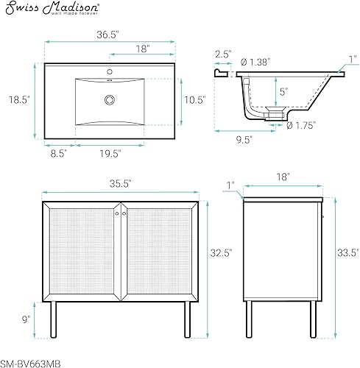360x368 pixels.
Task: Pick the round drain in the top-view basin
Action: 110,99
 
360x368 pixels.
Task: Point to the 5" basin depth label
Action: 282,92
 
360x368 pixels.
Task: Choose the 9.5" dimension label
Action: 244,137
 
